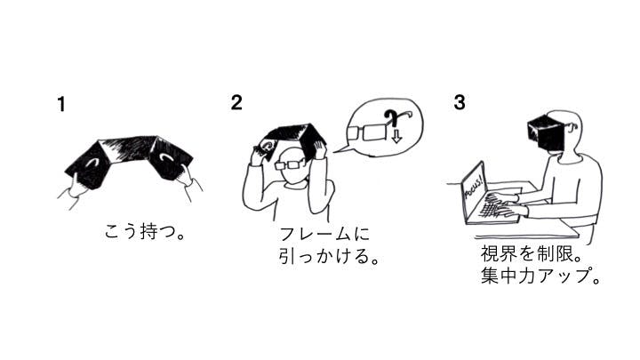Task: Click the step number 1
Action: [61, 104]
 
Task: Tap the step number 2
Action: [236, 102]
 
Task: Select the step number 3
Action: [460, 102]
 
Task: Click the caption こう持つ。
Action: [145, 231]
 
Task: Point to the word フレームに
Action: [324, 234]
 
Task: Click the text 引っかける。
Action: [329, 256]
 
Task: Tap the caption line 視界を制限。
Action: [531, 253]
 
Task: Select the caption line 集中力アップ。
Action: [540, 276]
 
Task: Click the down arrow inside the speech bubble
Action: [396, 136]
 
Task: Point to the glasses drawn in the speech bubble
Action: [367, 132]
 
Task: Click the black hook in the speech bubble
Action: [393, 116]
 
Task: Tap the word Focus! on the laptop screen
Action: [475, 187]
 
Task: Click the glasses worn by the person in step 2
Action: [291, 165]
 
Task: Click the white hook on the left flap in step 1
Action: [93, 162]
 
